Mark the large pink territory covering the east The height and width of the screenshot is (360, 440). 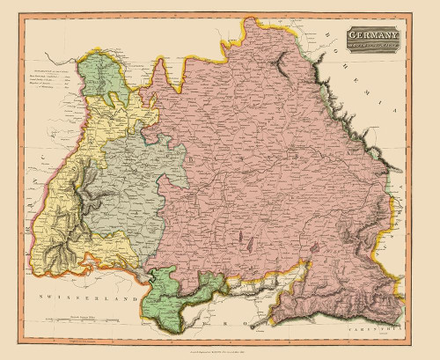[x=264, y=176]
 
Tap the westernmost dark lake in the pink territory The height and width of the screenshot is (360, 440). [x=239, y=238]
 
